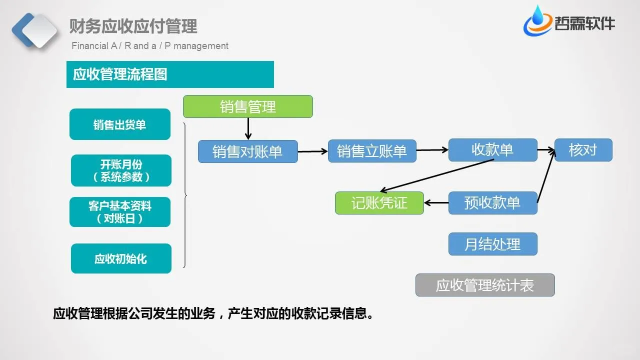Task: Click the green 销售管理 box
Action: pos(247,106)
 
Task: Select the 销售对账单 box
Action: pos(247,151)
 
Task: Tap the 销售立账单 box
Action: pos(372,151)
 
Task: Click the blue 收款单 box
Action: pos(492,150)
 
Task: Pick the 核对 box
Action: pos(583,150)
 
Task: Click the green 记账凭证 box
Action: pos(379,203)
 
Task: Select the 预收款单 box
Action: pos(492,203)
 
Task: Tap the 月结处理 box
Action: pos(492,244)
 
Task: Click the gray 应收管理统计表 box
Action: pos(485,285)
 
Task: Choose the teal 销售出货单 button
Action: pos(120,124)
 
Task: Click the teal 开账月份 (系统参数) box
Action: pos(121,170)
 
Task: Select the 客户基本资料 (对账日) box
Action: pos(120,212)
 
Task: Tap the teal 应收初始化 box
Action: pos(121,258)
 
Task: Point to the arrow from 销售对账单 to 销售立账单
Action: pos(312,150)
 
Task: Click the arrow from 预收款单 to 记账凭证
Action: pos(436,203)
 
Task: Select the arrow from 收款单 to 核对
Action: pos(546,149)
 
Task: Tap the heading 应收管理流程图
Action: pos(120,74)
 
